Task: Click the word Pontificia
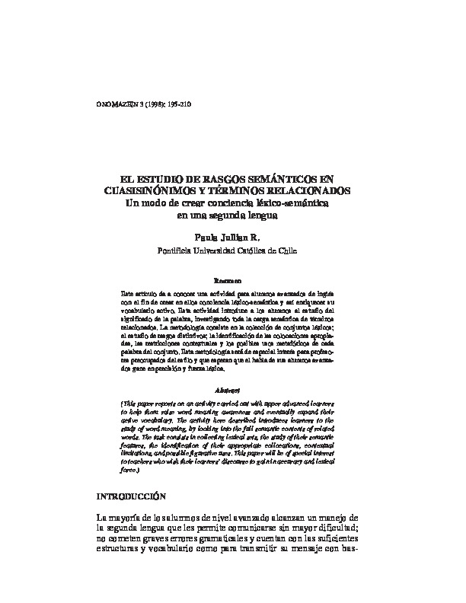point(177,250)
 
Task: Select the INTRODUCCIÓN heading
point(129,474)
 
